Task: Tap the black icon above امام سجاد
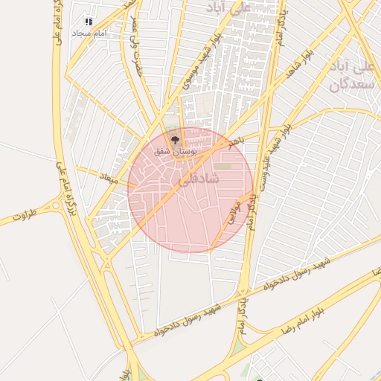tap(89, 22)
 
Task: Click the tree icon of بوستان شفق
tap(176, 138)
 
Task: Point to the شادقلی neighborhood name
tap(199, 179)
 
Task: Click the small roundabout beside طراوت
tap(56, 205)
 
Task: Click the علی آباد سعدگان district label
tap(350, 74)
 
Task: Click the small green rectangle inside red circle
tap(222, 166)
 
